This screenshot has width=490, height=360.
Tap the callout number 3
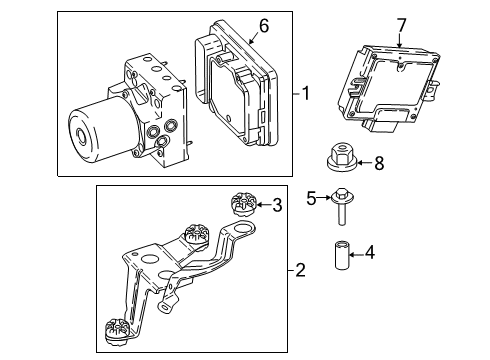(x=278, y=205)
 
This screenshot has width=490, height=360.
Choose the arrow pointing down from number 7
(x=399, y=40)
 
